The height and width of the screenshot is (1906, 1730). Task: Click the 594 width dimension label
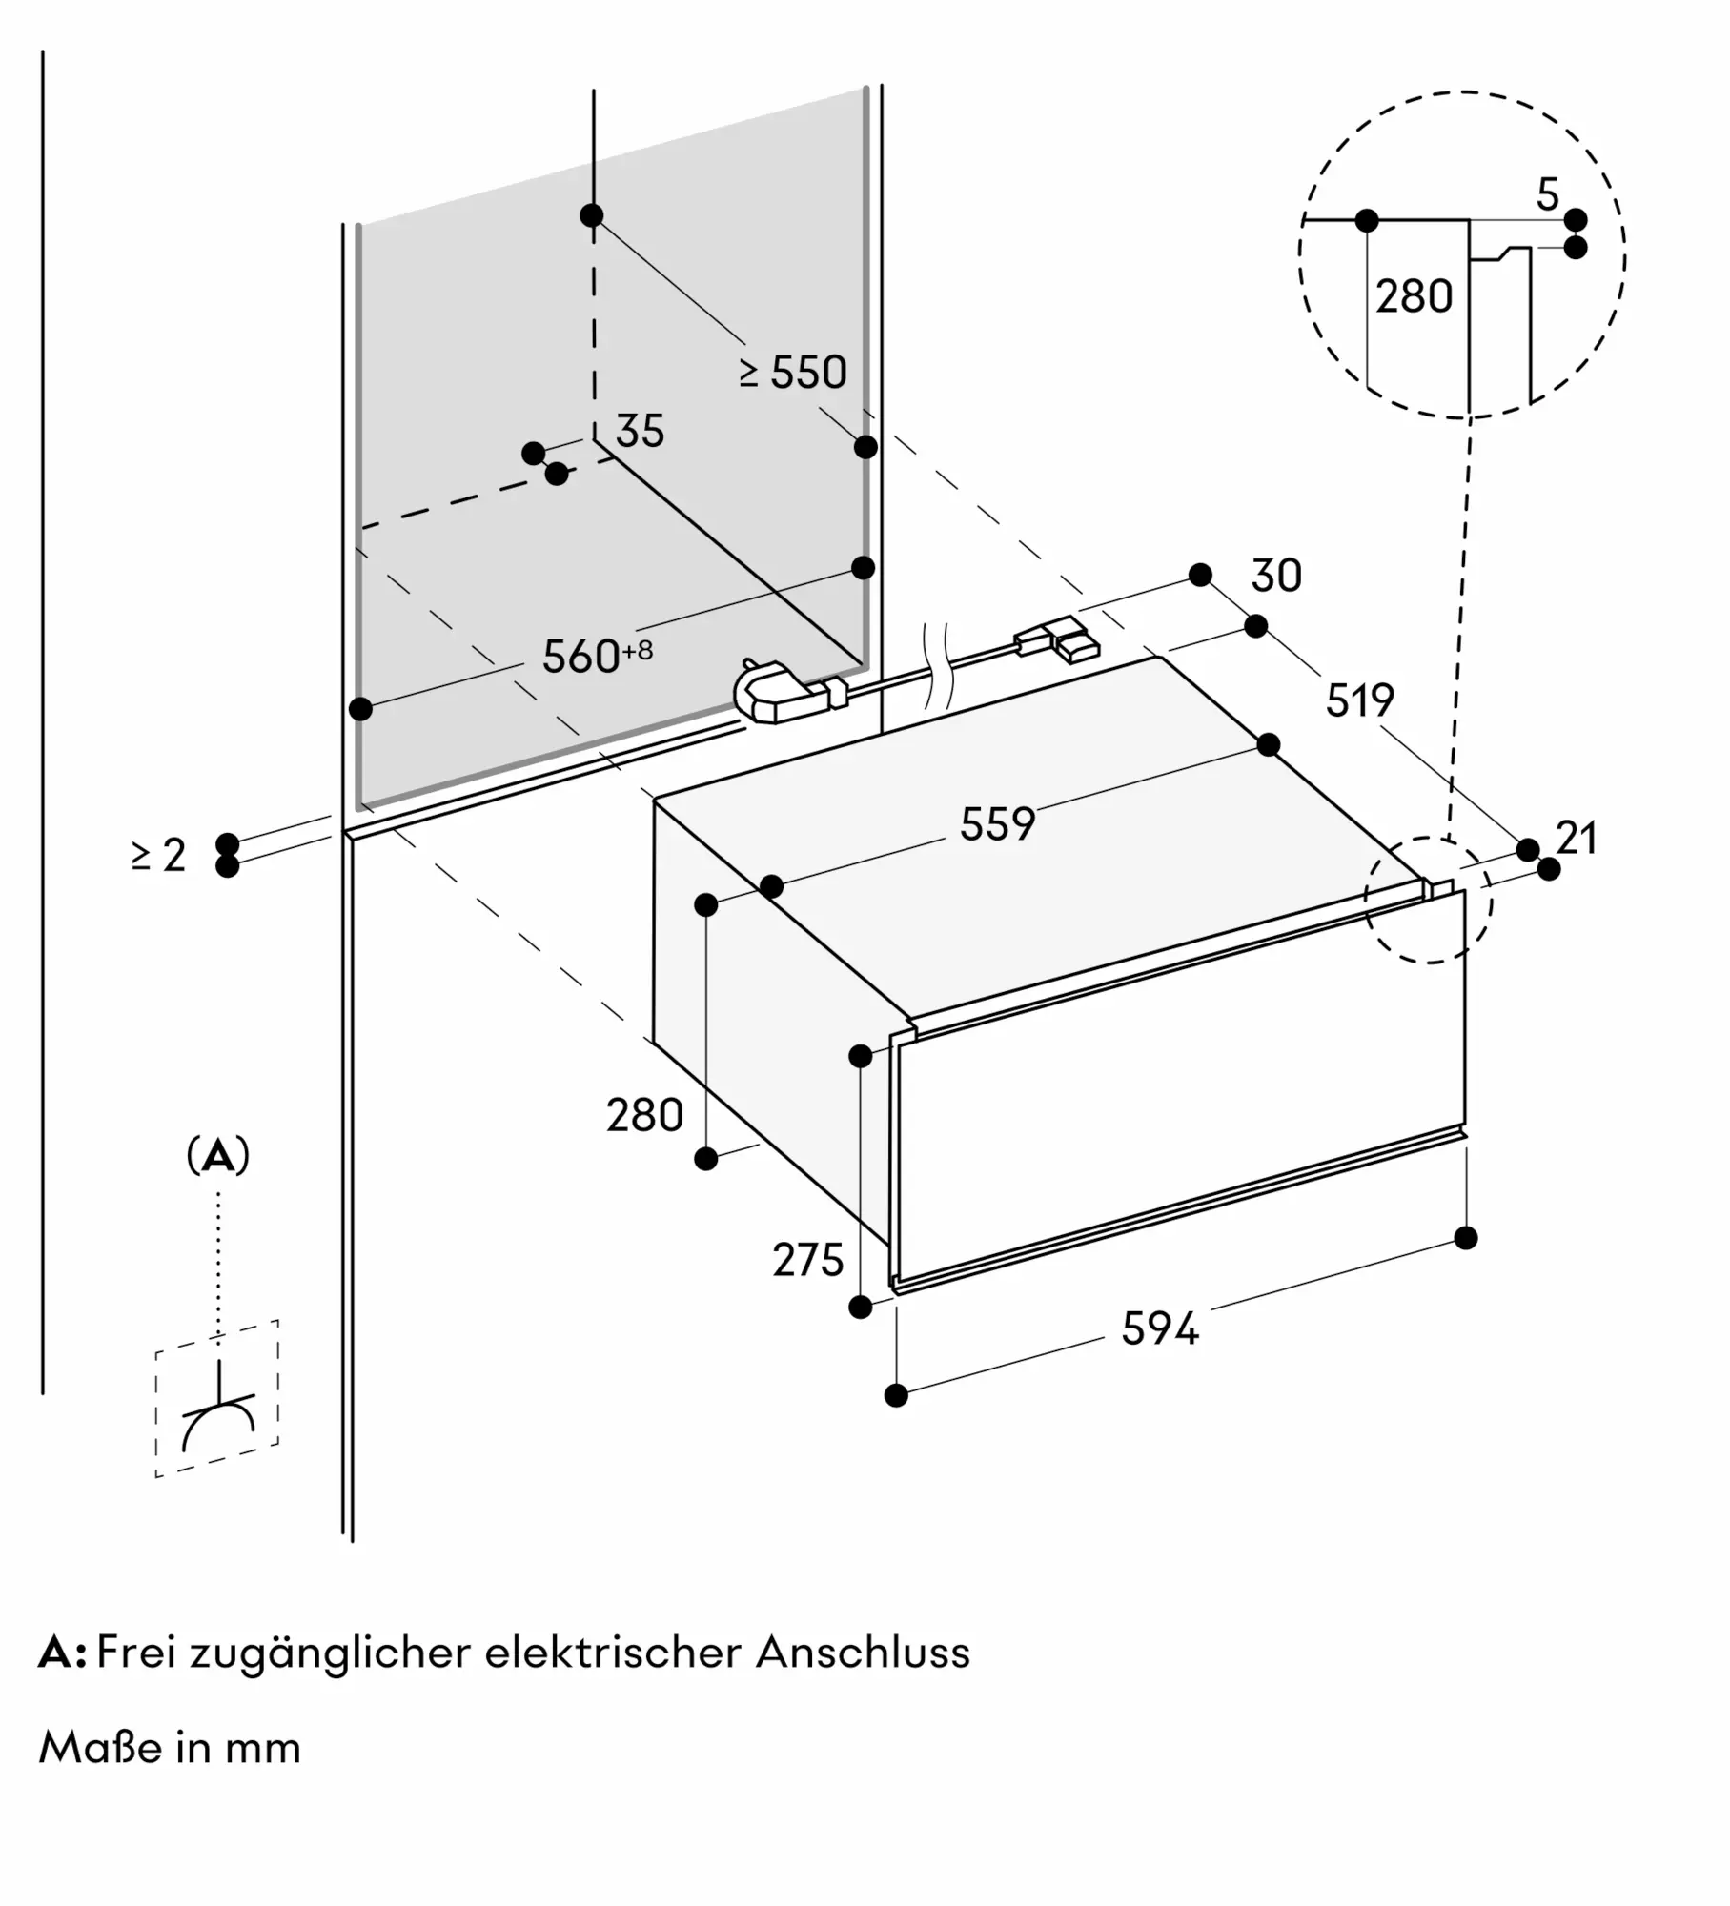[1159, 1328]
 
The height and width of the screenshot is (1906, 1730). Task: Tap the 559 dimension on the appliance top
[997, 823]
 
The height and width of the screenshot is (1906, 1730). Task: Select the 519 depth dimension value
[1359, 700]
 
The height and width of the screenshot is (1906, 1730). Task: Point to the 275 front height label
[807, 1260]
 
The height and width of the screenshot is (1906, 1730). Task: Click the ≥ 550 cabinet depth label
[793, 372]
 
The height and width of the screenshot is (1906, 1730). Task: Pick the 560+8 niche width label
[597, 656]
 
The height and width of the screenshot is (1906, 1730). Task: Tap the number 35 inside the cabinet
[640, 431]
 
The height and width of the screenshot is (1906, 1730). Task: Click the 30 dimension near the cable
[1276, 576]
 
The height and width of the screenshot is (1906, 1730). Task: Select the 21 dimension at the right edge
[1577, 838]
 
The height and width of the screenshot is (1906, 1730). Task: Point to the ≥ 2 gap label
[159, 855]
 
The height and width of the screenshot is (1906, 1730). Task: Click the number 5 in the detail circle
[1548, 195]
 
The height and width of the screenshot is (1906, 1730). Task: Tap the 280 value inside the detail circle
[1414, 296]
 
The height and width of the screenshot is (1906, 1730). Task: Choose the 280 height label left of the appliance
[645, 1115]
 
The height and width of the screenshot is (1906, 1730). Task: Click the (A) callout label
[218, 1155]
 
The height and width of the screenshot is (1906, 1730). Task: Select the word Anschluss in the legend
[863, 1652]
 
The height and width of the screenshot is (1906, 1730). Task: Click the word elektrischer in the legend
[612, 1652]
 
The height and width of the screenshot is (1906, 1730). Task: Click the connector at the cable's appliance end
[1058, 639]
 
